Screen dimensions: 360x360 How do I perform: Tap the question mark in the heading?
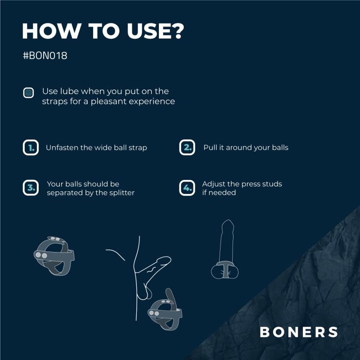tap(177, 31)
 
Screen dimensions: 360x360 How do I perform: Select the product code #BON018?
tap(45, 57)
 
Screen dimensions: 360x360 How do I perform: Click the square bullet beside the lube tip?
tap(28, 93)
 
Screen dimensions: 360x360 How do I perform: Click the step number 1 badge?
tap(31, 148)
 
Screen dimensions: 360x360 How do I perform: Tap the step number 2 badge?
tap(187, 148)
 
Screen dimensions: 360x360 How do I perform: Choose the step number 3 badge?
tap(31, 188)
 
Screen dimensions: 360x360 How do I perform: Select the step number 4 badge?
tap(187, 188)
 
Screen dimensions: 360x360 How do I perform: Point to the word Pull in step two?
tap(210, 148)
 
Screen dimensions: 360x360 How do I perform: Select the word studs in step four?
tap(272, 184)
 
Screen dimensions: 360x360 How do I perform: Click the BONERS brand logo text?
tap(299, 332)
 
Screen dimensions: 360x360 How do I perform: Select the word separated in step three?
tap(64, 193)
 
